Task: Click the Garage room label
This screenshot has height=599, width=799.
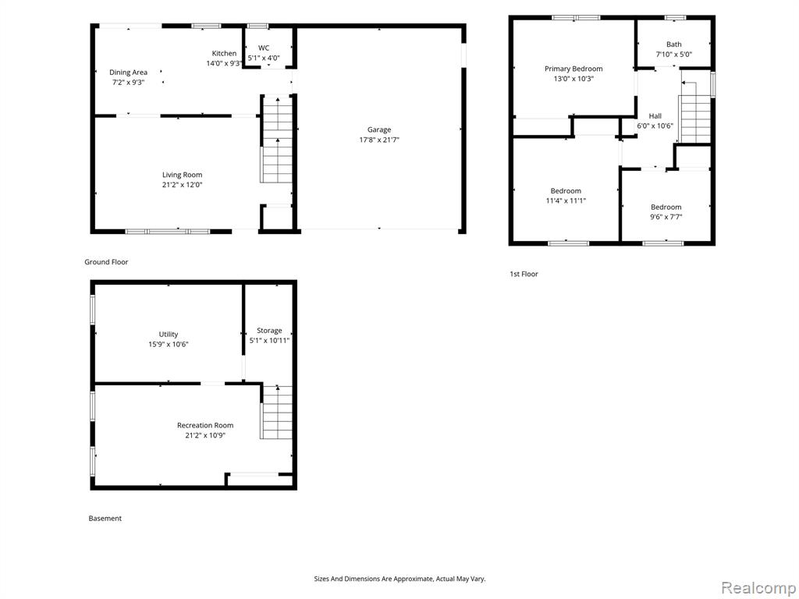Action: [379, 130]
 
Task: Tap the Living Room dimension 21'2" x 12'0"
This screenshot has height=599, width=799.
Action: [183, 185]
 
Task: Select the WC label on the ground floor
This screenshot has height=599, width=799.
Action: [264, 48]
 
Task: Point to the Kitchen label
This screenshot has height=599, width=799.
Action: [224, 54]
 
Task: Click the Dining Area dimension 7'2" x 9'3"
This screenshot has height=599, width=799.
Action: [129, 82]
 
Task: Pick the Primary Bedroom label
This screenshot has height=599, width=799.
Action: [574, 69]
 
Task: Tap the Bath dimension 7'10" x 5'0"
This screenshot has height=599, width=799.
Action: [673, 55]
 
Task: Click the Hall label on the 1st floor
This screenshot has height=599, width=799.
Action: [655, 116]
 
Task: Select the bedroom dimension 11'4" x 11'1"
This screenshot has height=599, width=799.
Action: [566, 200]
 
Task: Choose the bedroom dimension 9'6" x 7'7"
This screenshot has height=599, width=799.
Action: [666, 217]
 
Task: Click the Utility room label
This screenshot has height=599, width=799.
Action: [169, 334]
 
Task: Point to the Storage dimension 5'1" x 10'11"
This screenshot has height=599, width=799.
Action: [269, 341]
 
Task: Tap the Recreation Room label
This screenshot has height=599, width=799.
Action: [205, 425]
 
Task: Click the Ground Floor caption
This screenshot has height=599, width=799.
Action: [106, 262]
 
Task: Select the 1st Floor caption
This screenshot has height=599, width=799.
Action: [524, 274]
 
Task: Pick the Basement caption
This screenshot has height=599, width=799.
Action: [105, 519]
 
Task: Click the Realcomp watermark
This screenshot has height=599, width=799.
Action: [758, 588]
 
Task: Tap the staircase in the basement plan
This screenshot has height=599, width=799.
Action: [277, 413]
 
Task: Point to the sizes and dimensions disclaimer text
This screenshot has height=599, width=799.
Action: [399, 580]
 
